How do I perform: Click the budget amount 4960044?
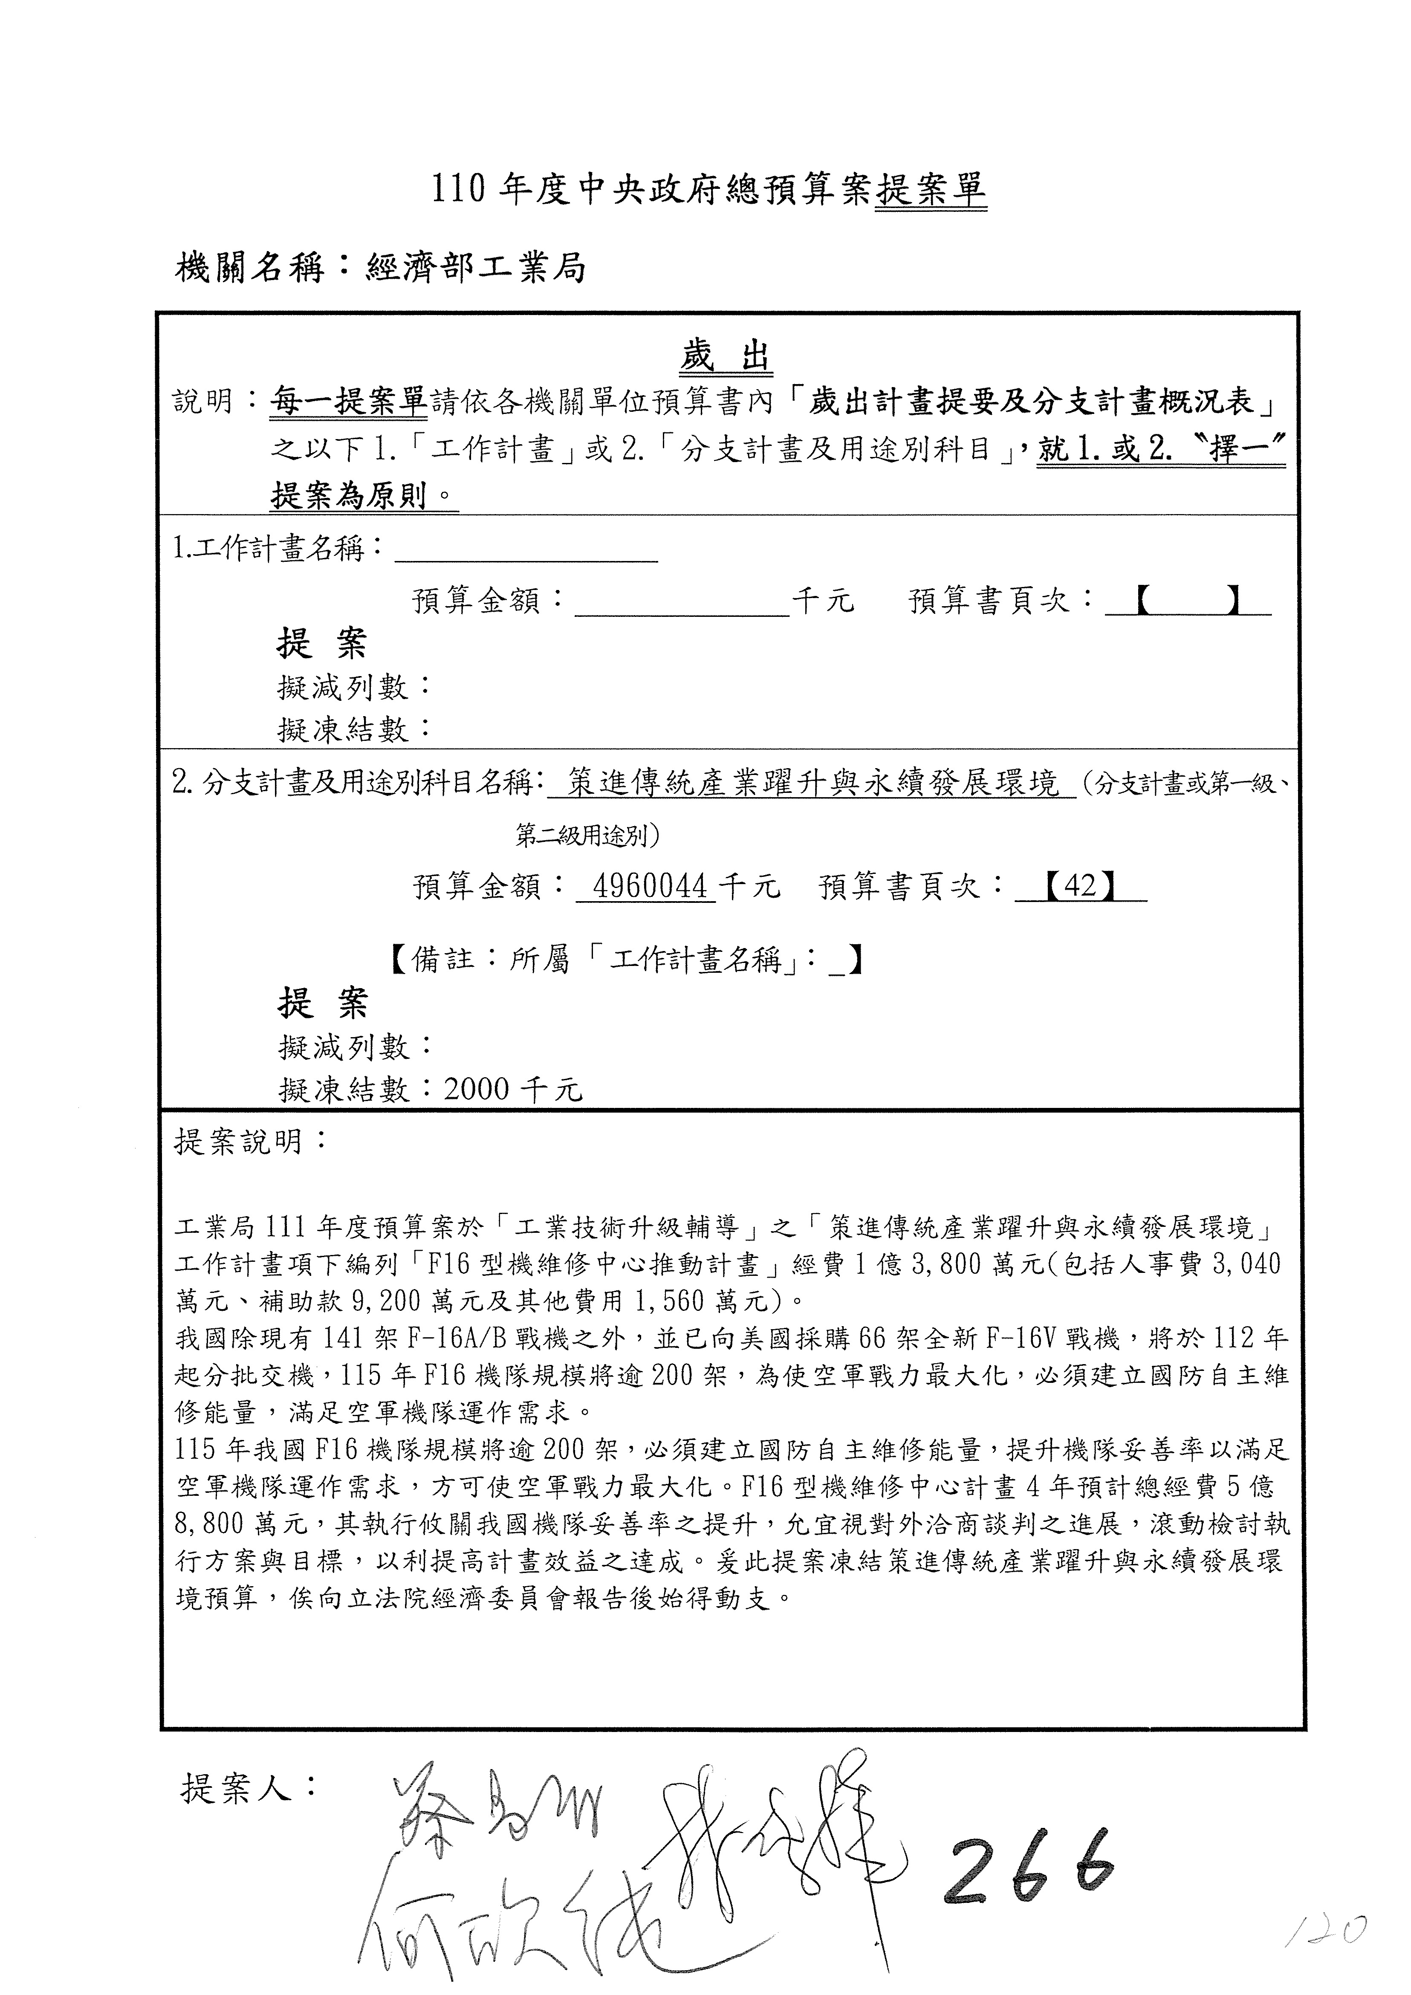(x=647, y=886)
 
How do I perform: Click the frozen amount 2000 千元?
(x=513, y=1089)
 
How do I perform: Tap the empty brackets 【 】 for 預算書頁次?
(x=1187, y=600)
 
